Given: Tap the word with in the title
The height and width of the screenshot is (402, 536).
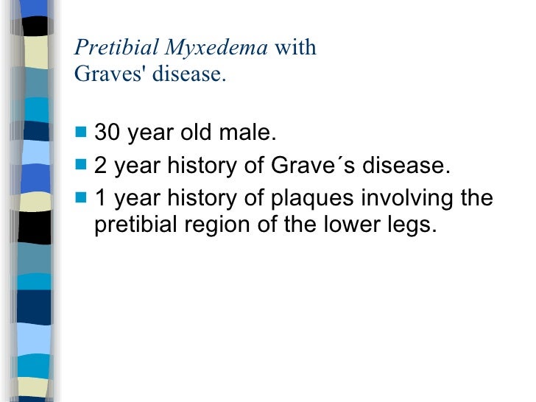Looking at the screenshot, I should [295, 49].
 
